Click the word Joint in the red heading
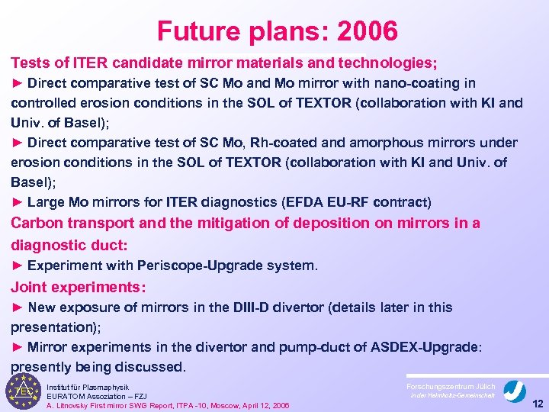[x=30, y=288]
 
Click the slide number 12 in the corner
[x=537, y=403]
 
